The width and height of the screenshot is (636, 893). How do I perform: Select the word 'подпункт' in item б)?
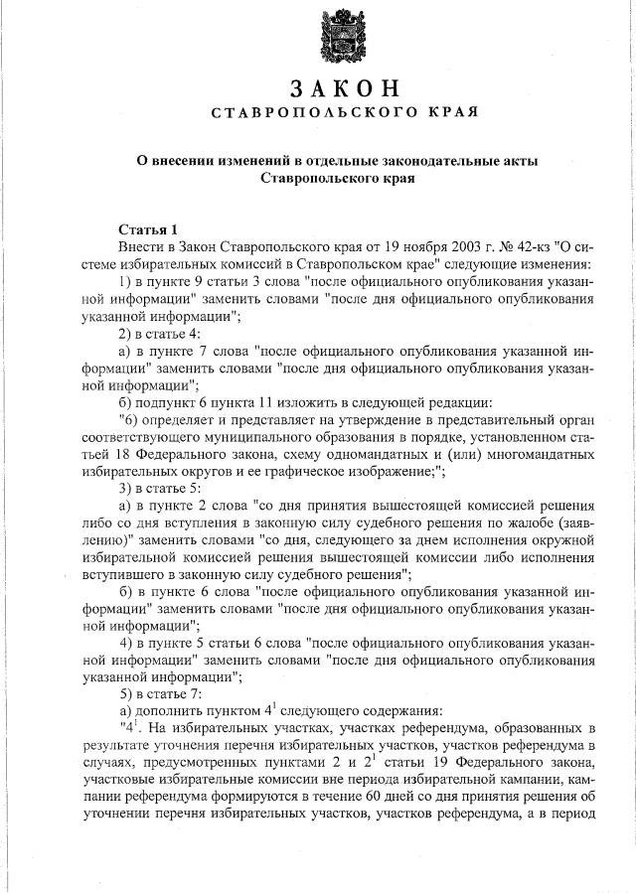point(163,402)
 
